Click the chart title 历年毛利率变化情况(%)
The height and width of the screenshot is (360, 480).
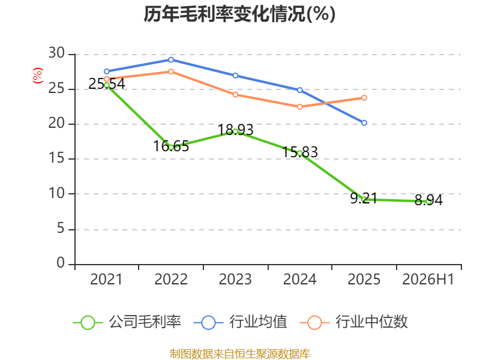click(239, 14)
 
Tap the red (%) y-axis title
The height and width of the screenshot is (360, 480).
click(38, 76)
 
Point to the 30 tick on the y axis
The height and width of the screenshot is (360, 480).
click(56, 53)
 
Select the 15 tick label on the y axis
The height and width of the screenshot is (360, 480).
click(56, 158)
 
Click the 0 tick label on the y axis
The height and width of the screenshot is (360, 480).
click(61, 263)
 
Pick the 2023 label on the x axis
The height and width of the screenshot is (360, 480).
click(235, 280)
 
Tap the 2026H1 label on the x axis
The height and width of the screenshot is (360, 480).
click(428, 280)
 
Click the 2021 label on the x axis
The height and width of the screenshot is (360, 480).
click(106, 280)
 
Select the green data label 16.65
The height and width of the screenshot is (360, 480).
click(171, 146)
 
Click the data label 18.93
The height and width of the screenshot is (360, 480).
click(235, 130)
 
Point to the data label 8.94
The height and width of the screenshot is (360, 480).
click(428, 200)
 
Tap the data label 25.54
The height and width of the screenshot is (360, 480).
click(107, 83)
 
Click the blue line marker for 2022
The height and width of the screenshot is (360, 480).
click(171, 59)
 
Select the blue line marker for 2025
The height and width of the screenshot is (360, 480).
click(364, 123)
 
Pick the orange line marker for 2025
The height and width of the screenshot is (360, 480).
click(364, 98)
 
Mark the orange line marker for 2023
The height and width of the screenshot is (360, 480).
click(235, 95)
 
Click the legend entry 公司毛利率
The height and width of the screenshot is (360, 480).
click(127, 322)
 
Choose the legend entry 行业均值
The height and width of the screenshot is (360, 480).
click(241, 322)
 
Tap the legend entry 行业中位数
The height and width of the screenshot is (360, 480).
click(353, 322)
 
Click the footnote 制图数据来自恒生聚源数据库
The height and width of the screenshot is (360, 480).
click(240, 354)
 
